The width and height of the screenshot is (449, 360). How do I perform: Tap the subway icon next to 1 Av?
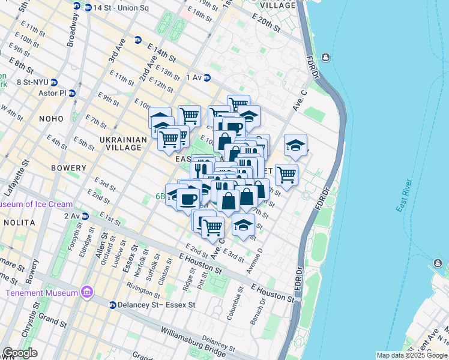(207, 77)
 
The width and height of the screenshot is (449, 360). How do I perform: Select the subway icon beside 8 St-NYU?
(54, 82)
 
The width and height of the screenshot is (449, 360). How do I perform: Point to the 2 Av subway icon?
(85, 216)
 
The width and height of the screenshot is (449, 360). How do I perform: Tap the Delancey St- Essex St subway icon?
(112, 305)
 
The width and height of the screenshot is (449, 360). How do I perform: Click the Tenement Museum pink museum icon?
(87, 293)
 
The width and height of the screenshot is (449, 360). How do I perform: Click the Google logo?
(20, 353)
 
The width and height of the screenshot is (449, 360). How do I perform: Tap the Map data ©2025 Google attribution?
(411, 355)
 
